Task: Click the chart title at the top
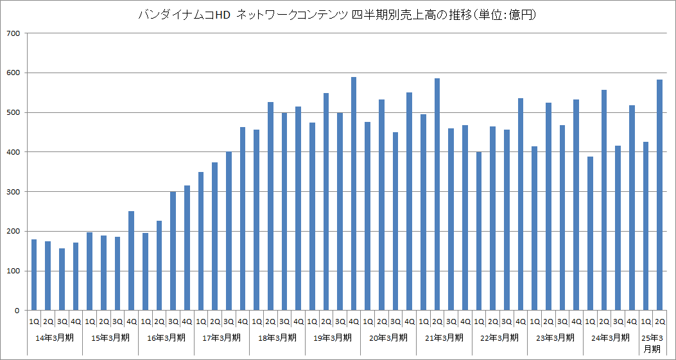click(x=338, y=15)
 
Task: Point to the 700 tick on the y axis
click(x=12, y=33)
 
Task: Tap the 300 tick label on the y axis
click(x=12, y=192)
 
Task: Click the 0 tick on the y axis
click(x=18, y=311)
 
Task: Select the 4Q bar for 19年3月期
click(x=354, y=194)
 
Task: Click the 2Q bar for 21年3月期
click(x=437, y=194)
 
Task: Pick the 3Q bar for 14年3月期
click(x=62, y=279)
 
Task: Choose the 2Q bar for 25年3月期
click(x=659, y=195)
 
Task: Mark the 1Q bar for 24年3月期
click(x=590, y=234)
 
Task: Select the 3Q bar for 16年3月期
click(x=173, y=251)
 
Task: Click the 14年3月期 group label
click(x=55, y=337)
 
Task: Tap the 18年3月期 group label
click(x=277, y=337)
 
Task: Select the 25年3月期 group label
click(x=652, y=343)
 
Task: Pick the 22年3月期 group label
click(x=499, y=337)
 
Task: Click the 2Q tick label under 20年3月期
click(x=381, y=321)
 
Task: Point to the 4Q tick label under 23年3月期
click(x=576, y=321)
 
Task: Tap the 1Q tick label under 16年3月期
click(x=145, y=321)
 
